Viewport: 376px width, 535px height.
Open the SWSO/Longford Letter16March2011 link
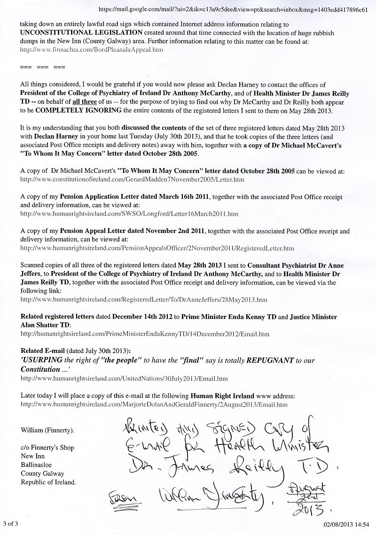(129, 213)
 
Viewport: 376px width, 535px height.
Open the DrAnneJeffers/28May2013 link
(144, 299)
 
